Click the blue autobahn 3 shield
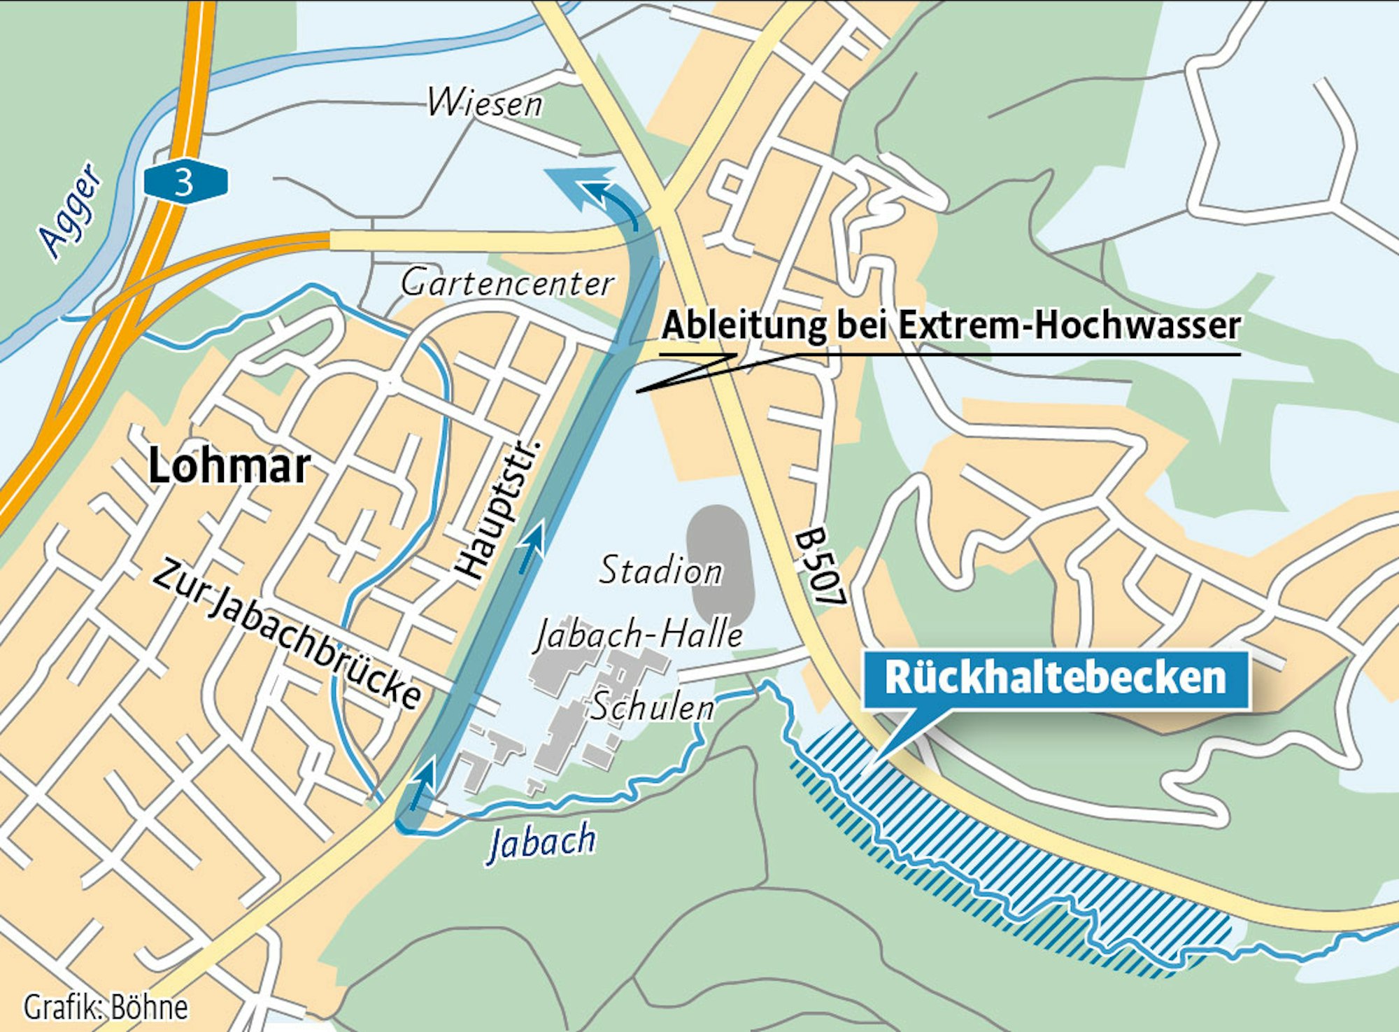[185, 183]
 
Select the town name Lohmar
[229, 466]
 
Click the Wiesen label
[485, 104]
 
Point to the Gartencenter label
[507, 283]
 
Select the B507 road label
[821, 567]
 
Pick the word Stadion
[660, 570]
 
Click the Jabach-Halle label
[639, 635]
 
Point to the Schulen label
[653, 707]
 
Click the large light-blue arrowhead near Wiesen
[570, 185]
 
